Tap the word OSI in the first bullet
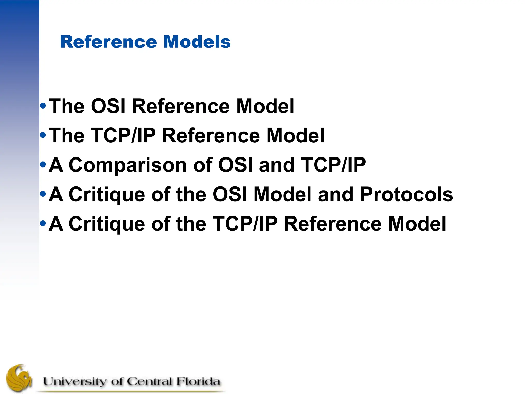[108, 106]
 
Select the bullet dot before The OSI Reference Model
[43, 105]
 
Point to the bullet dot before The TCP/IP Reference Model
[43, 135]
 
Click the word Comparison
[128, 165]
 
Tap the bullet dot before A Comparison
[43, 164]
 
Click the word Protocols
[407, 194]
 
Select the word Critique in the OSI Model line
[107, 194]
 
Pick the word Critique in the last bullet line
[107, 224]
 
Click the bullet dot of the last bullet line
[43, 223]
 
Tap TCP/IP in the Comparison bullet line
[333, 165]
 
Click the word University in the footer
[74, 381]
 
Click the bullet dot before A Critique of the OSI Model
[43, 194]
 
